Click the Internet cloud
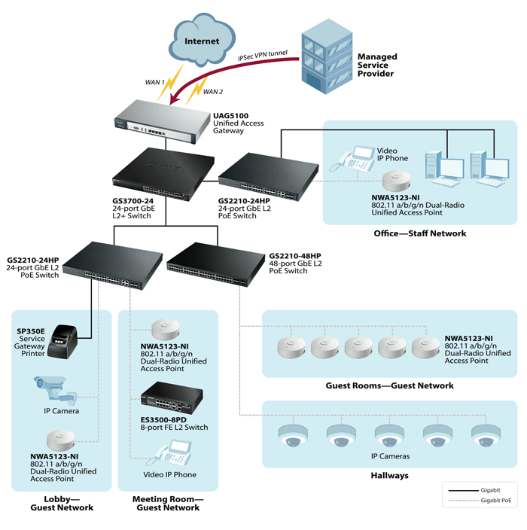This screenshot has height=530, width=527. click(x=202, y=38)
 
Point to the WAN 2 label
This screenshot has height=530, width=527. click(x=213, y=92)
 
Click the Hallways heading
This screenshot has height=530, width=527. click(x=389, y=476)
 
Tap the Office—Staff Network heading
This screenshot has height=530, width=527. click(x=419, y=233)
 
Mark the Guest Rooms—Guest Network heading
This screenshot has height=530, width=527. click(x=389, y=385)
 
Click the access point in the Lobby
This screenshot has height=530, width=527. click(x=63, y=440)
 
